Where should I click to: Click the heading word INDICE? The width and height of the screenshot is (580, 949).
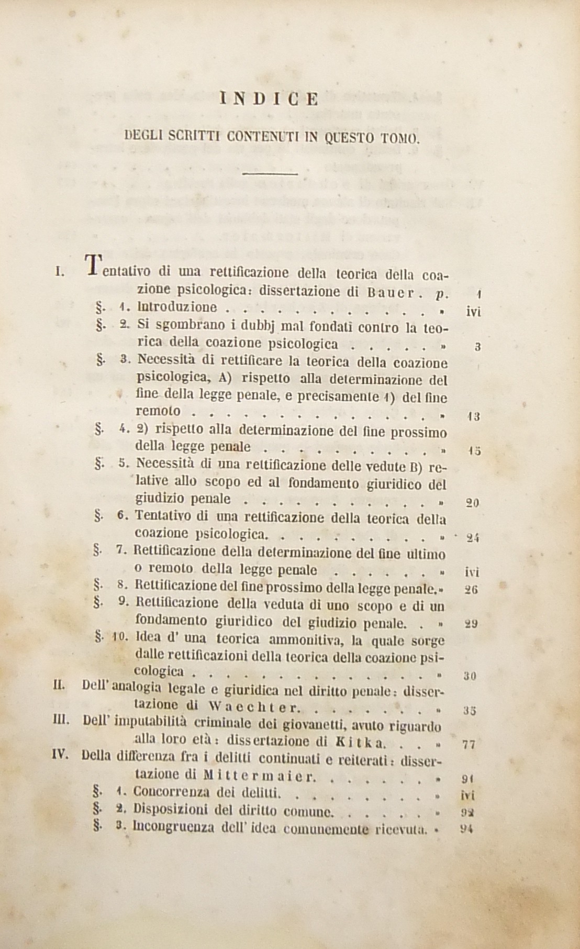coord(270,98)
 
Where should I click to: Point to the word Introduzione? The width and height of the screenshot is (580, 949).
coord(176,308)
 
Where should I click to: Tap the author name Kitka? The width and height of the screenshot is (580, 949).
coord(362,743)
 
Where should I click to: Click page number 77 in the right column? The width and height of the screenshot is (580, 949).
coord(470,744)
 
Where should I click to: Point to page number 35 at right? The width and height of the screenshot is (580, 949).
coord(470,711)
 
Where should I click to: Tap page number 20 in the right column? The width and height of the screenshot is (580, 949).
coord(472,503)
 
